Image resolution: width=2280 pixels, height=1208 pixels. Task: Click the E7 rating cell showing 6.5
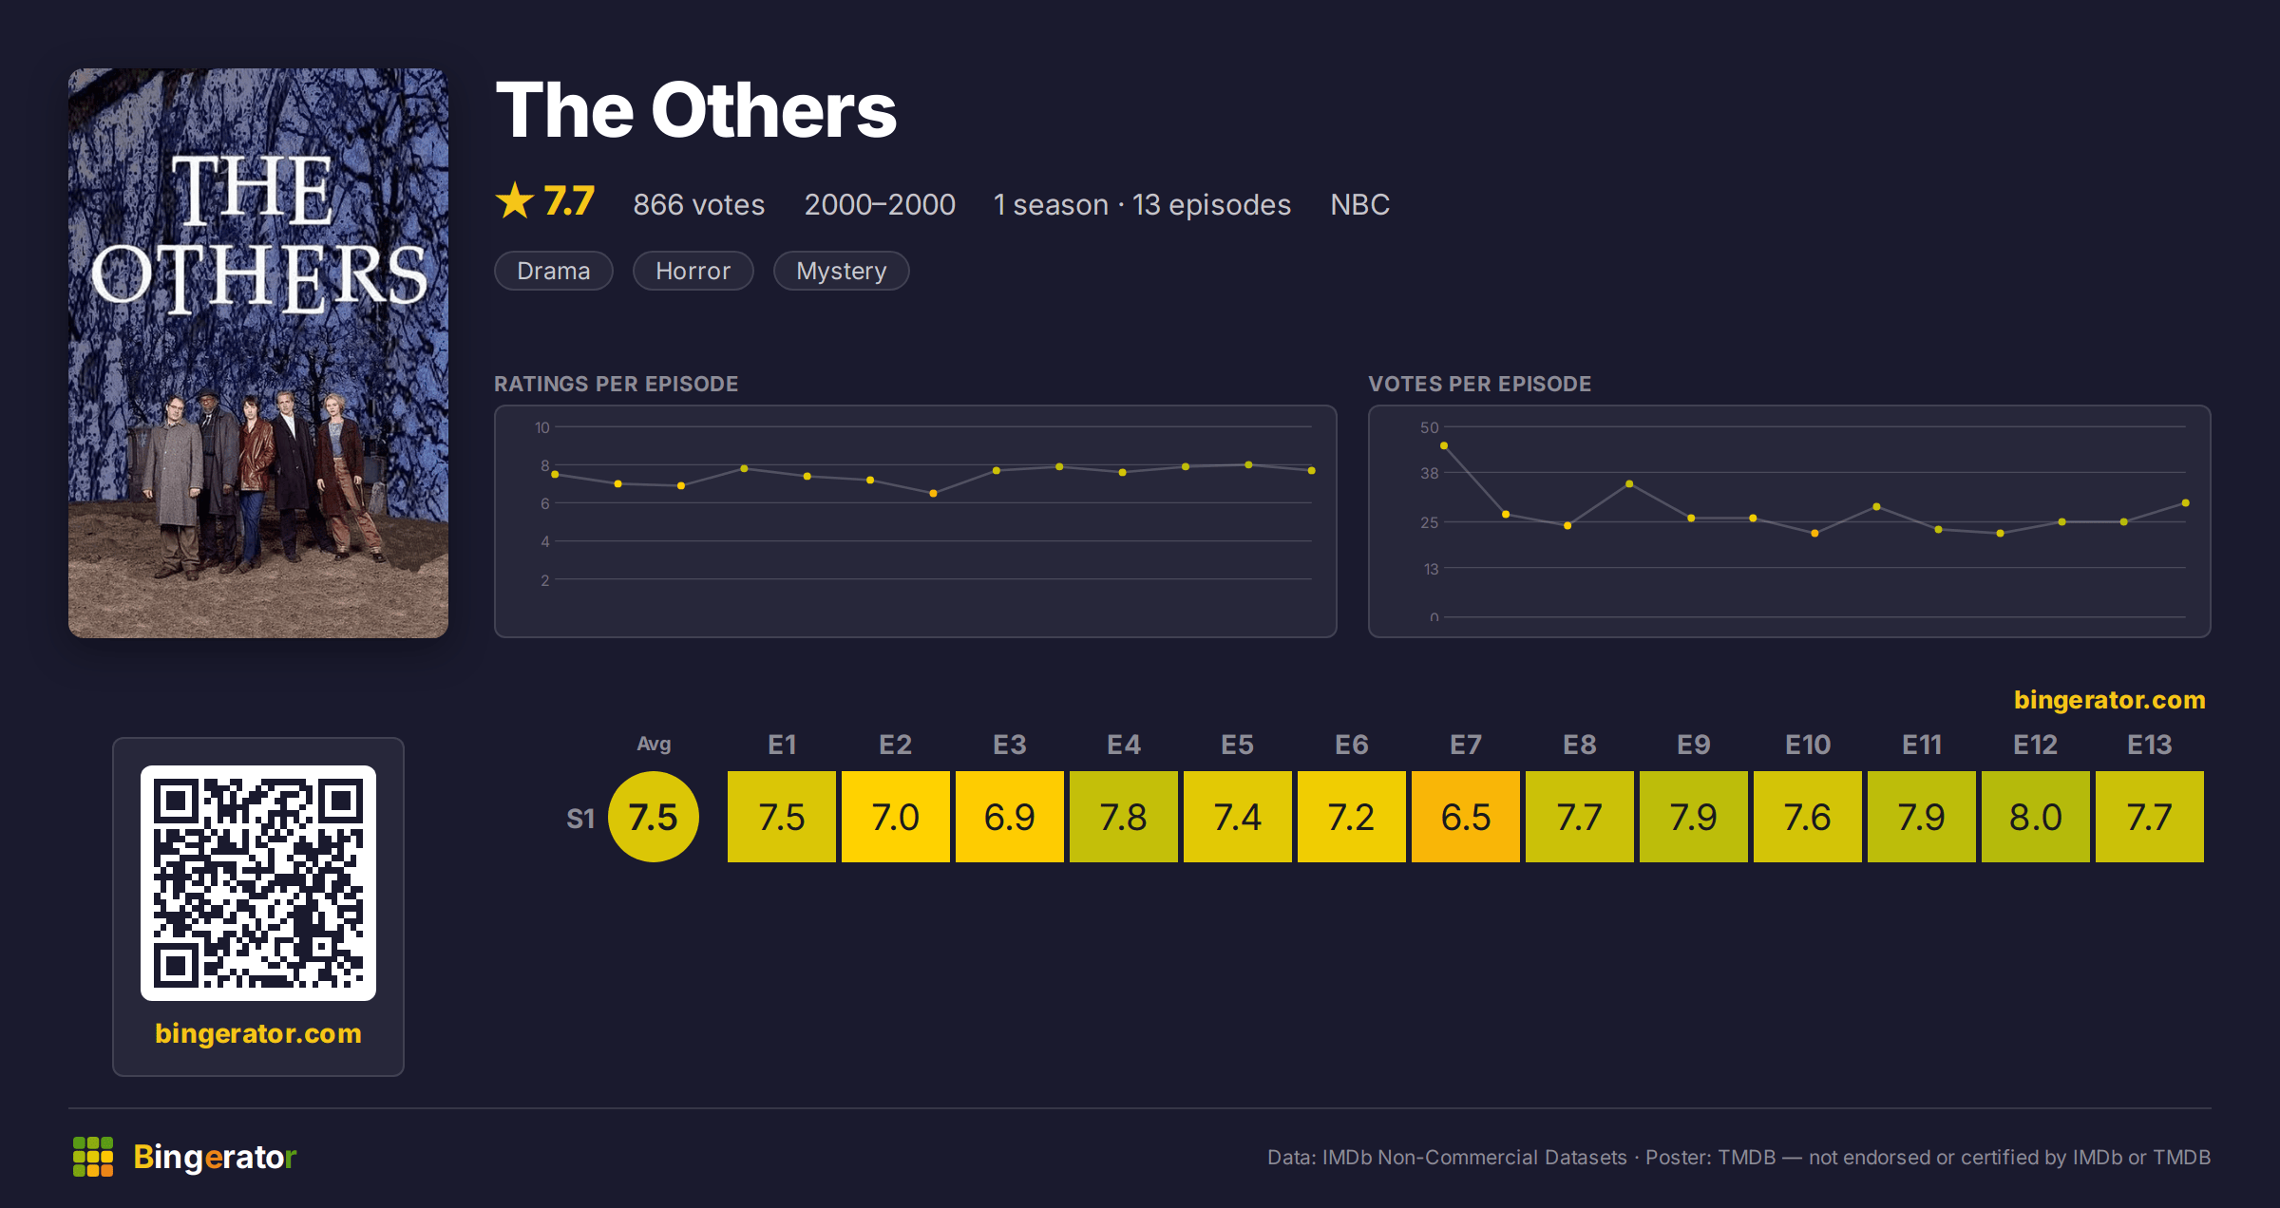[1465, 817]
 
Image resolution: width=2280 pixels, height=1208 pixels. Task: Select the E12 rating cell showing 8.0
[2035, 817]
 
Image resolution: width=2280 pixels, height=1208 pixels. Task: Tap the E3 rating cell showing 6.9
[1009, 817]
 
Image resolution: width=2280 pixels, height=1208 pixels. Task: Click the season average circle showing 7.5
[654, 817]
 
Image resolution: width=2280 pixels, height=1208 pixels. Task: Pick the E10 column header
[1807, 745]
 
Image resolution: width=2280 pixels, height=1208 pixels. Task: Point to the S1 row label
[580, 818]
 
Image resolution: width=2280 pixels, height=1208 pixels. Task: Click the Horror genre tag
[693, 271]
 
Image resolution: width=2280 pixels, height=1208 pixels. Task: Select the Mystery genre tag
[842, 271]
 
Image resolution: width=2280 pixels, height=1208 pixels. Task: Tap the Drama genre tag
[554, 271]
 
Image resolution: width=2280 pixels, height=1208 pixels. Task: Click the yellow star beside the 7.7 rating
[515, 200]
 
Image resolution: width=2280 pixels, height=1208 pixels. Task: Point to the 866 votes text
[699, 204]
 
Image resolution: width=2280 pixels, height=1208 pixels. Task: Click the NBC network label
[1359, 204]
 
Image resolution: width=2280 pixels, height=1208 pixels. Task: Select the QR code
[258, 883]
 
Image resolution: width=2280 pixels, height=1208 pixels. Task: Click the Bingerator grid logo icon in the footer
[93, 1157]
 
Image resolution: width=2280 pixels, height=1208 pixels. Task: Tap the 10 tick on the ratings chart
[541, 427]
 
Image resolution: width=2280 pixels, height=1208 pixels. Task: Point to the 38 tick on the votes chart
[1430, 473]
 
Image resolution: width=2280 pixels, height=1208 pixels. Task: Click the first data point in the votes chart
[1444, 445]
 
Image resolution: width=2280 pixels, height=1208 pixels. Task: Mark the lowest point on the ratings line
[933, 493]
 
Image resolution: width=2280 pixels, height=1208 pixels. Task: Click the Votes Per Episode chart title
[1479, 384]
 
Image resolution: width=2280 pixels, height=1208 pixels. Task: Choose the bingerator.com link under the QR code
[258, 1033]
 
